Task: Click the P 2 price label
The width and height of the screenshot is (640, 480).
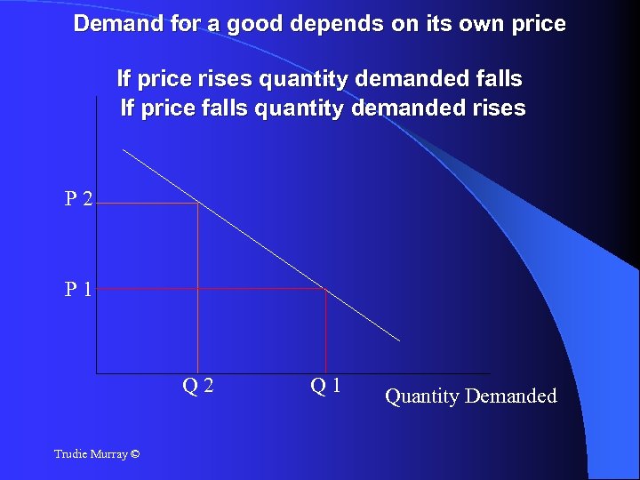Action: pyautogui.click(x=78, y=198)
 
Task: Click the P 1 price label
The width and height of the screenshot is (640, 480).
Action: pyautogui.click(x=78, y=289)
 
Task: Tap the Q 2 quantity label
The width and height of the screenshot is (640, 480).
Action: pyautogui.click(x=197, y=386)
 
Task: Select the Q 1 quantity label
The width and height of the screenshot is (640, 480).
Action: pyautogui.click(x=326, y=386)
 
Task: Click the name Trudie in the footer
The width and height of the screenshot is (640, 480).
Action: pyautogui.click(x=70, y=454)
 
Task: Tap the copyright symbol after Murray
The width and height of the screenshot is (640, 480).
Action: pyautogui.click(x=134, y=454)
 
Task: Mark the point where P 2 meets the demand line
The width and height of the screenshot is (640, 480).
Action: pyautogui.click(x=197, y=204)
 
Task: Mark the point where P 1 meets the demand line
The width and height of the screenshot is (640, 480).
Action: pyautogui.click(x=326, y=288)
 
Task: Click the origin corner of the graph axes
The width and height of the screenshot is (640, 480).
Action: pyautogui.click(x=96, y=372)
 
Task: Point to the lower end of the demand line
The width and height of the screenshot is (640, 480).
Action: pyautogui.click(x=399, y=340)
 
